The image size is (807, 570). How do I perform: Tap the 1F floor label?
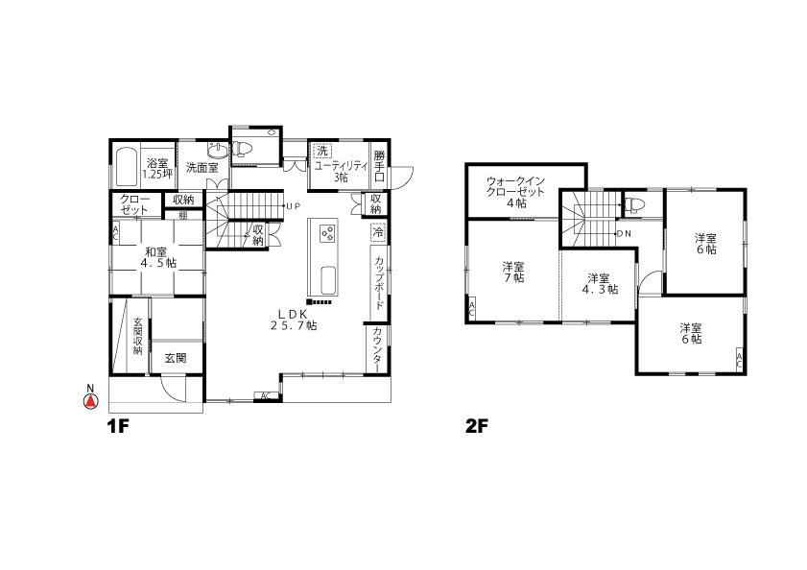click(117, 427)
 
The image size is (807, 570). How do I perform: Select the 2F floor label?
click(476, 427)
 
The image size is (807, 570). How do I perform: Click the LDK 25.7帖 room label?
click(294, 320)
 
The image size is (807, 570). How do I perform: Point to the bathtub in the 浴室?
click(126, 166)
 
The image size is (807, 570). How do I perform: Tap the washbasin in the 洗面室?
click(218, 150)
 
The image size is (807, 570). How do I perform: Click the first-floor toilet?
click(242, 149)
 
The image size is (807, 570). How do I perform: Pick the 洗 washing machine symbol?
click(321, 152)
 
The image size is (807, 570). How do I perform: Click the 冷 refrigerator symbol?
click(378, 233)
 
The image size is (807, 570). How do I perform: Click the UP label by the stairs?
click(293, 206)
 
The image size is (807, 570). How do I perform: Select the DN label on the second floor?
click(624, 233)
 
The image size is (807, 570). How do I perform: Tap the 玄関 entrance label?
click(176, 358)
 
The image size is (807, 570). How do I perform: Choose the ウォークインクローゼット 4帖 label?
click(515, 192)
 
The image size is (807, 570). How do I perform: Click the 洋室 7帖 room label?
click(513, 272)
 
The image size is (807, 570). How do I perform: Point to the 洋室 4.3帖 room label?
click(600, 283)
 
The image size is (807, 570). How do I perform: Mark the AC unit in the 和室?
click(115, 234)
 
